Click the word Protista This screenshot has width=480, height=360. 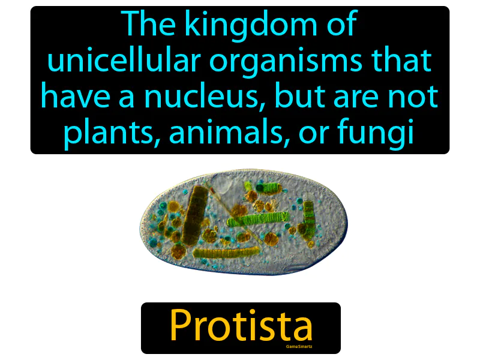241,326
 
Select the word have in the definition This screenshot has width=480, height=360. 68,97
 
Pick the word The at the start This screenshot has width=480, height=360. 146,25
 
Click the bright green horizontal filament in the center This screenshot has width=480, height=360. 264,219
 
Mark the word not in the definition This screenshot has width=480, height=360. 418,97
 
